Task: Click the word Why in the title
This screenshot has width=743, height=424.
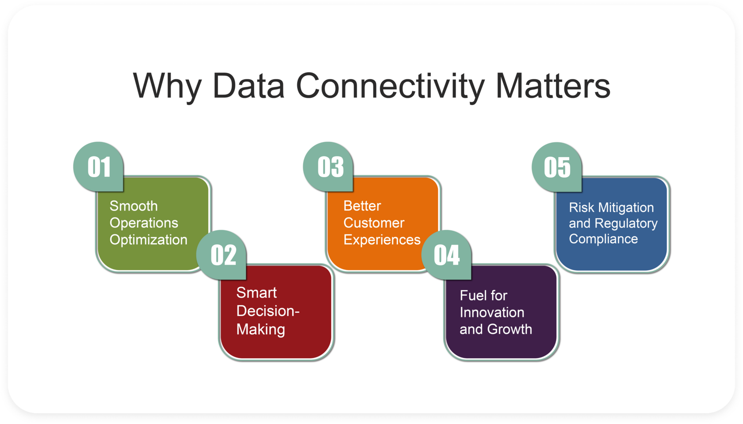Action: click(167, 86)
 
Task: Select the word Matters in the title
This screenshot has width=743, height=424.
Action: click(553, 86)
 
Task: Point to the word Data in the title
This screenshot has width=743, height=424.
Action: click(249, 86)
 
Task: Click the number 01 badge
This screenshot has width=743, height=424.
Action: click(99, 167)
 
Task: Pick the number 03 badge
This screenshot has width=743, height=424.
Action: click(328, 167)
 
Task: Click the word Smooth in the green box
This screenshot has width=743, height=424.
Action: click(134, 206)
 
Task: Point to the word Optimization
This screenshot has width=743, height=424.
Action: click(149, 240)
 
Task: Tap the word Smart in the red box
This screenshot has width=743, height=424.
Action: click(257, 293)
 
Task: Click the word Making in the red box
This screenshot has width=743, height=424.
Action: click(261, 329)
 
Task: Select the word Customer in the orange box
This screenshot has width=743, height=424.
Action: click(374, 223)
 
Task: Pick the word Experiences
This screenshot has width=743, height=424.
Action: click(382, 240)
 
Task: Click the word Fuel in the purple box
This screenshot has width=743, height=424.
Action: click(471, 295)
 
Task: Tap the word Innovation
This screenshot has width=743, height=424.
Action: click(492, 312)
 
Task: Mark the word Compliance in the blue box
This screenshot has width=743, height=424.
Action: click(603, 239)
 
